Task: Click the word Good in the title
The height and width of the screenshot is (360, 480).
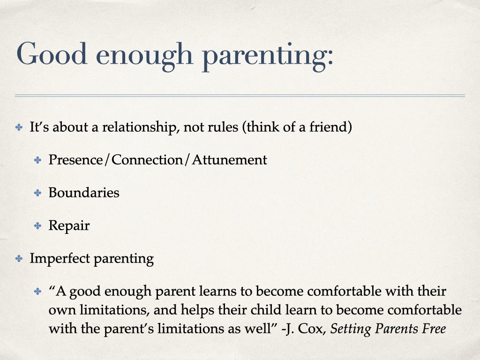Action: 52,54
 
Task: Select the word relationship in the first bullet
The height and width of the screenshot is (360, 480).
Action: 141,127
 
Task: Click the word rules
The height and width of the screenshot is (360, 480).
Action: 223,127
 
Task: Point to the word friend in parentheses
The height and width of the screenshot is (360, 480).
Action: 328,127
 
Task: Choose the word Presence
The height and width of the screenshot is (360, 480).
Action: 75,160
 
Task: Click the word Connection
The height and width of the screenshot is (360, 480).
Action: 147,160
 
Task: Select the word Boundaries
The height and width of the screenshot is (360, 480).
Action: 84,193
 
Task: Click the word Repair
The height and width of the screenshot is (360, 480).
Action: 69,226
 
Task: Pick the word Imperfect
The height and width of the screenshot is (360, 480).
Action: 60,258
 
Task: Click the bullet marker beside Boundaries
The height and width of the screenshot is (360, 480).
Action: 37,193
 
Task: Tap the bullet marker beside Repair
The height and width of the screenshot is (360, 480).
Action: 37,226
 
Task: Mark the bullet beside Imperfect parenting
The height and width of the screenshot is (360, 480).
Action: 19,259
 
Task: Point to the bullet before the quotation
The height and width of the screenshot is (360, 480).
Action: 37,292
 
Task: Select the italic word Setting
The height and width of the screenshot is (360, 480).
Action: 351,329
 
